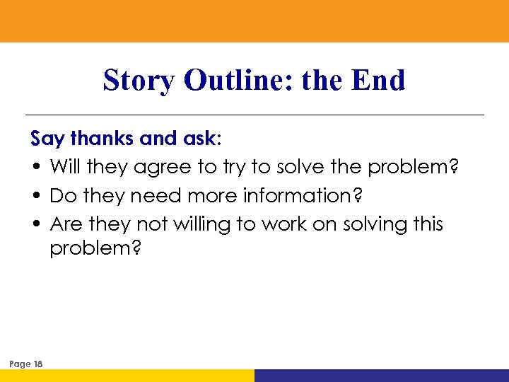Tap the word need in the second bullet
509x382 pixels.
(x=147, y=196)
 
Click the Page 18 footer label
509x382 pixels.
(x=26, y=364)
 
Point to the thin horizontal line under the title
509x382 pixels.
(x=255, y=115)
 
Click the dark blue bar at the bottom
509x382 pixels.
(x=382, y=376)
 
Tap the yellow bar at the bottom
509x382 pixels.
(x=127, y=376)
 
